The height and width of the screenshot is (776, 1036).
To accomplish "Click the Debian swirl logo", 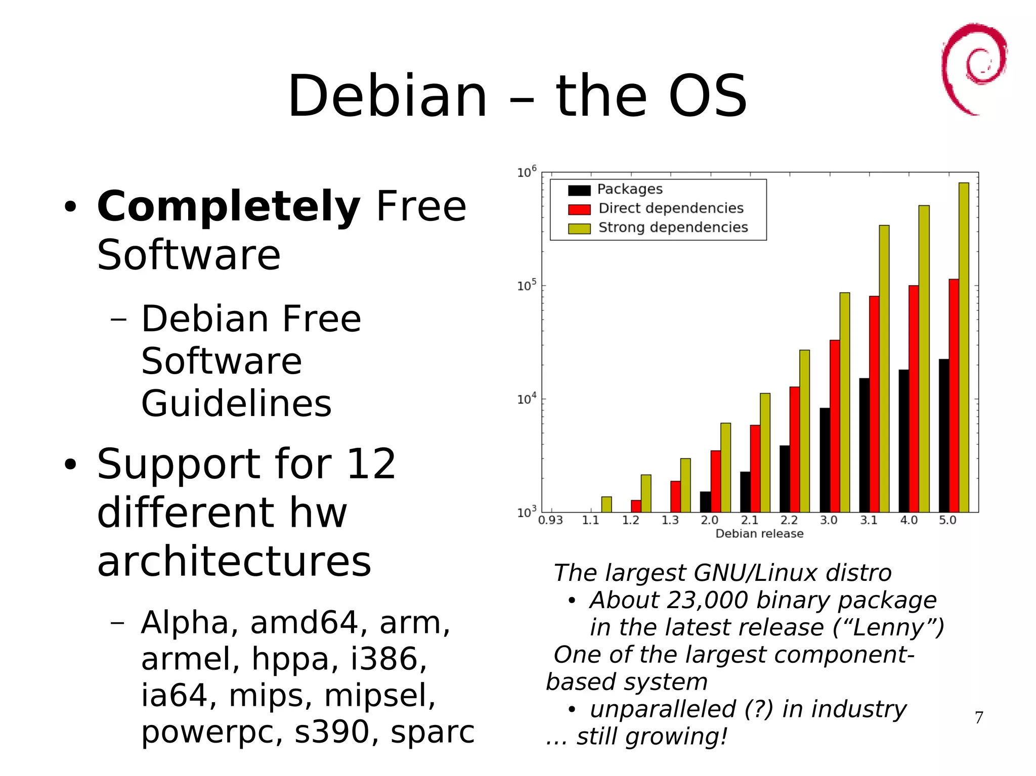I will (974, 68).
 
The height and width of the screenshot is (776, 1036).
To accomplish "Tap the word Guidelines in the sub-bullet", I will (236, 404).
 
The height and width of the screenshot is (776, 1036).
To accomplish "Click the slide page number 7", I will (979, 717).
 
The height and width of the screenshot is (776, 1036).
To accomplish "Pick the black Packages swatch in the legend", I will (579, 190).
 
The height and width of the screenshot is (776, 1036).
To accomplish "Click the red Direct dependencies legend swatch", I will (579, 209).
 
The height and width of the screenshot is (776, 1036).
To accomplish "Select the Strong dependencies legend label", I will (673, 227).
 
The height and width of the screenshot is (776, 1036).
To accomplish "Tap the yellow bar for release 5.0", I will (964, 349).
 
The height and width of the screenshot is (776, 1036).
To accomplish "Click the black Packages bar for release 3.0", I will (825, 460).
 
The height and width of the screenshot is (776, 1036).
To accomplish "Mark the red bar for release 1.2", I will (636, 506).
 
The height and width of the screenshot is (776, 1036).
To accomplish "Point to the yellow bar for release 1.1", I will (606, 505).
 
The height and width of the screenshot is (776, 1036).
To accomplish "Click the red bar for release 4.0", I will (914, 399).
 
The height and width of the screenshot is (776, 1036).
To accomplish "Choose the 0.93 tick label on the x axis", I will (550, 520).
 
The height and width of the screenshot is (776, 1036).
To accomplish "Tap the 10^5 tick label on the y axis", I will (526, 286).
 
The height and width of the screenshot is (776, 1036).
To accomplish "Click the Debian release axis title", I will (759, 534).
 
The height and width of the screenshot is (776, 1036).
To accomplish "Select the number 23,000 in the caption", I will (707, 601).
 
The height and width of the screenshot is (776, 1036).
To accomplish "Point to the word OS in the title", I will (707, 96).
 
